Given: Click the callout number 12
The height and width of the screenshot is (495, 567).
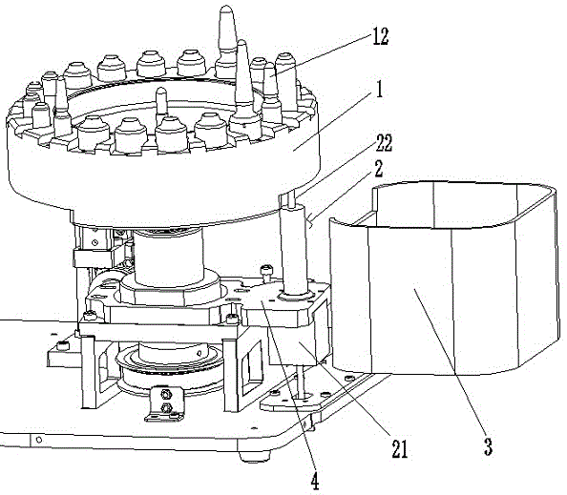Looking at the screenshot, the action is [x=380, y=36].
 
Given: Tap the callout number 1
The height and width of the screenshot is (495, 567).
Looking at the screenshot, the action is [x=379, y=89].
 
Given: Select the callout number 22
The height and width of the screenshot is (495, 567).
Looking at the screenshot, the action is [x=384, y=143].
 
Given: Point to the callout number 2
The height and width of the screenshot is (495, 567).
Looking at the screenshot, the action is [x=379, y=169].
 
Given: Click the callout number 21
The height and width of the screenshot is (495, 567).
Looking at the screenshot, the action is [x=400, y=449].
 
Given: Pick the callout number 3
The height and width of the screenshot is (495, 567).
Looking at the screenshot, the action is [x=488, y=446].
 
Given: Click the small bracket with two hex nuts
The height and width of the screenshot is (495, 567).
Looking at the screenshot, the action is [x=165, y=403].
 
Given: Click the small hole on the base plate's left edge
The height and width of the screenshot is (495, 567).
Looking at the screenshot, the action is [x=39, y=440].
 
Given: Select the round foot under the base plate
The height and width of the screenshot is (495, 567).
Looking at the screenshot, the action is [x=256, y=455].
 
